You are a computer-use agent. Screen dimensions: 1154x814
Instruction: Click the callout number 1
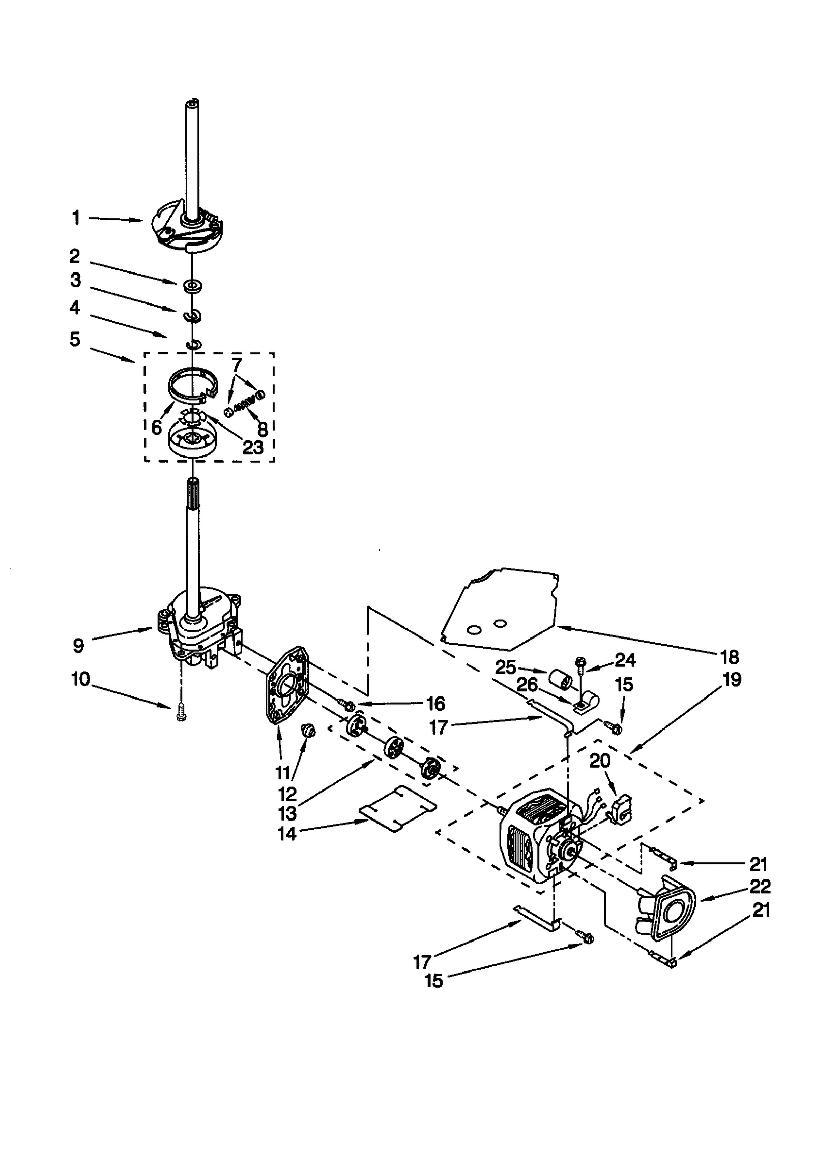click(x=76, y=218)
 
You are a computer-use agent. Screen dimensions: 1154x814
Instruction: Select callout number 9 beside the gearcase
click(x=78, y=646)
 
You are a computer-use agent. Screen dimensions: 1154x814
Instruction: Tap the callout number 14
click(x=286, y=834)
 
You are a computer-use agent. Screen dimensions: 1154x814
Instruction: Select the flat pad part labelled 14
click(x=397, y=809)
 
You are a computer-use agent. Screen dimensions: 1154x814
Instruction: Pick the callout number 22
click(x=760, y=886)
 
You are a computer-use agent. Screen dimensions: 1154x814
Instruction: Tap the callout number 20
click(x=600, y=761)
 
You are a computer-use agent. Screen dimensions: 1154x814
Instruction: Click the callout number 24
click(x=625, y=660)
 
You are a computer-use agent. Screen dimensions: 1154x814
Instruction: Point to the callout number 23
click(x=253, y=447)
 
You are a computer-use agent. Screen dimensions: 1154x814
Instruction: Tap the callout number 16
click(x=435, y=704)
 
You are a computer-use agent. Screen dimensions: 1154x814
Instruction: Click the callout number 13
click(x=287, y=813)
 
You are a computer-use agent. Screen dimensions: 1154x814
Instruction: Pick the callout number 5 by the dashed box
click(x=75, y=339)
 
